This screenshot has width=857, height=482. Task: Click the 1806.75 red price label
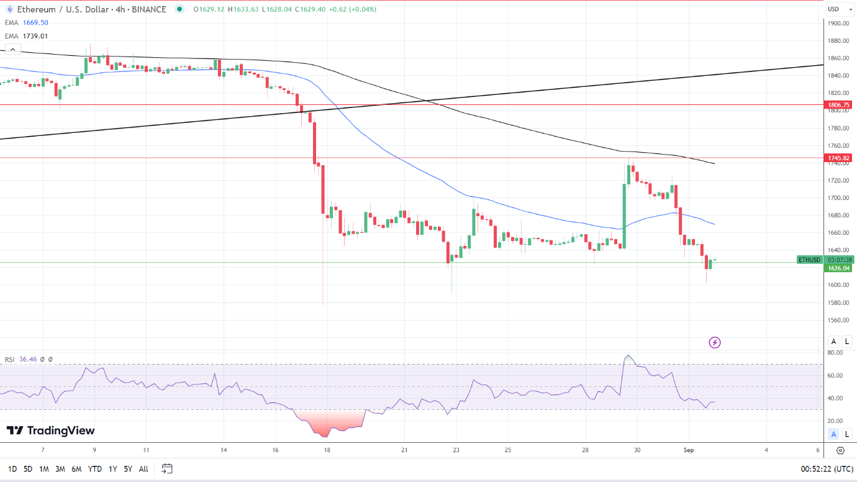(x=838, y=105)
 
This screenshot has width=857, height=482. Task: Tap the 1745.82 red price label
(x=838, y=158)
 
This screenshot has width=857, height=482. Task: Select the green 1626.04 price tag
(x=838, y=268)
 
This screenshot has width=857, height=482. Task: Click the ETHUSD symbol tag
(x=809, y=260)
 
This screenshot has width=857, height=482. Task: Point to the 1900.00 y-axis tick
(x=838, y=23)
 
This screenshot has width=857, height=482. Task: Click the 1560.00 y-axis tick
(x=838, y=320)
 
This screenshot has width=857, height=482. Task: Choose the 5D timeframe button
(x=28, y=469)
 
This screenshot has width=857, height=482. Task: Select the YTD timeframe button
(x=95, y=469)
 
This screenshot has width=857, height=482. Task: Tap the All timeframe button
(x=143, y=469)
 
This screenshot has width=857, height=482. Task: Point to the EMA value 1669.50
(x=35, y=22)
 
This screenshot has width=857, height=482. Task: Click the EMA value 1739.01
(x=35, y=36)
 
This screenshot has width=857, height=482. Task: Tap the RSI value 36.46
(x=29, y=359)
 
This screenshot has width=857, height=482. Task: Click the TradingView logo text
(x=51, y=430)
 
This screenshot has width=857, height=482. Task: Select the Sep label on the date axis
(x=688, y=450)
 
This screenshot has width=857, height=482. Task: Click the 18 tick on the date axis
(x=327, y=450)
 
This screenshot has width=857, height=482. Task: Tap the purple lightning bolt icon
(x=715, y=342)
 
